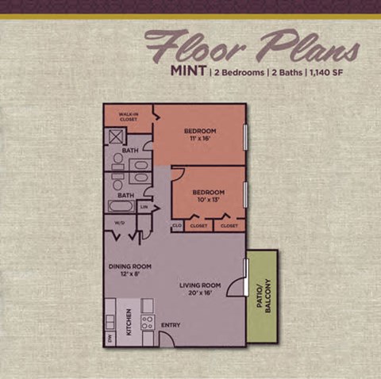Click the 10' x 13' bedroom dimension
[x=209, y=199]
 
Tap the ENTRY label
[x=171, y=325]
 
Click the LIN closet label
[x=144, y=207]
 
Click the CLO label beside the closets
[x=177, y=226]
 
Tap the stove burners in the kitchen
[x=147, y=322]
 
